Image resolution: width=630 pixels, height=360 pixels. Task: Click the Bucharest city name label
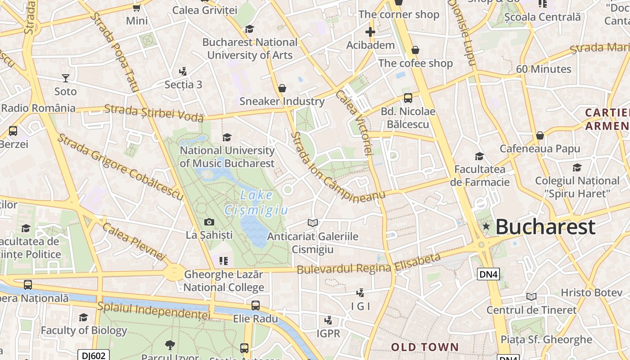545,227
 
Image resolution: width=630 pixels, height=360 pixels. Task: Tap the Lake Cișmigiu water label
256,202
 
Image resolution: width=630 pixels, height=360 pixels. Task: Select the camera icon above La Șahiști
209,222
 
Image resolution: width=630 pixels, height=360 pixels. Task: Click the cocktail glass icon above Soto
66,78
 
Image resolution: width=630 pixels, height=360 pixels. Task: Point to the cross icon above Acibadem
370,32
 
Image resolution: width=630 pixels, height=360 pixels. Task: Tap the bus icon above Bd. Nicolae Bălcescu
408,98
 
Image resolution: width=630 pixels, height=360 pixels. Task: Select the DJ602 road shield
94,355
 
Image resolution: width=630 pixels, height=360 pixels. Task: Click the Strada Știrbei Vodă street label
154,113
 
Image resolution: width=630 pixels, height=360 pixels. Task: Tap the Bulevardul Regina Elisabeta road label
369,264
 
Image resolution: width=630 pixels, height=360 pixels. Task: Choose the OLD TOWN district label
425,347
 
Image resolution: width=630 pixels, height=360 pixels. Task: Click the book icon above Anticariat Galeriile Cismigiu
312,223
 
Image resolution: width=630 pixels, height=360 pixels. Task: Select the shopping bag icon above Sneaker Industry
282,88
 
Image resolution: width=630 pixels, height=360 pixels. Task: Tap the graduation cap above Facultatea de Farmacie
480,156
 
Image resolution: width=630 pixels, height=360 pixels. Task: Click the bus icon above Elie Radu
256,306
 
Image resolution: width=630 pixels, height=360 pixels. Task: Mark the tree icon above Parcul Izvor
170,345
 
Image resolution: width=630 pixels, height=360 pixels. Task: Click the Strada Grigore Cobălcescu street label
120,167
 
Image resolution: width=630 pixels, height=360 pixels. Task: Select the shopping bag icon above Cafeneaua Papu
540,135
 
